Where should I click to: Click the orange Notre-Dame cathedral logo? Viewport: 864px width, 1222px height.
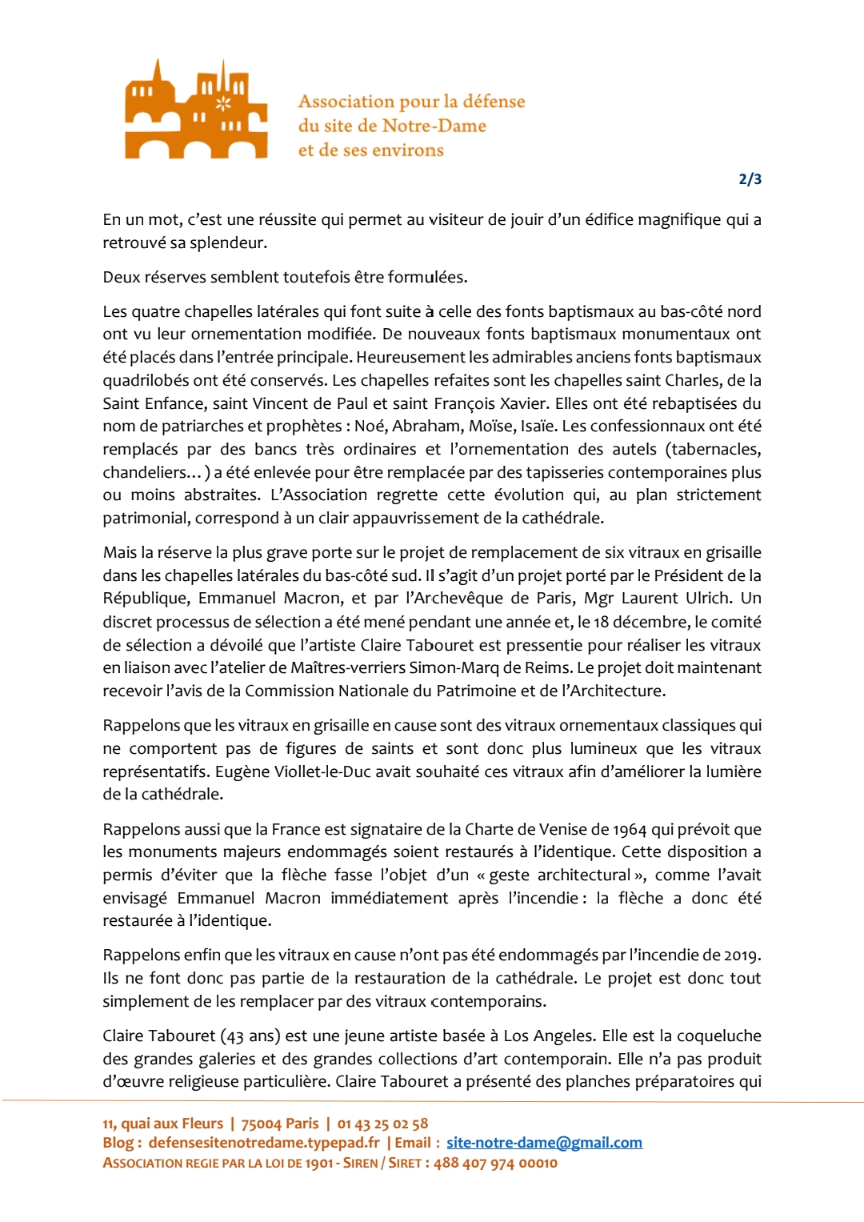[196, 109]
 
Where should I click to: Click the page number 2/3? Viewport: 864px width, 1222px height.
[750, 179]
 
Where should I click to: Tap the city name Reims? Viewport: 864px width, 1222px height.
[548, 668]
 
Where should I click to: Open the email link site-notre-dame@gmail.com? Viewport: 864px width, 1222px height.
[544, 1143]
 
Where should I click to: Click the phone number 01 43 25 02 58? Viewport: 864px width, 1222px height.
[382, 1124]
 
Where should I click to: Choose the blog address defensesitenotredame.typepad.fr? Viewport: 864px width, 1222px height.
[264, 1143]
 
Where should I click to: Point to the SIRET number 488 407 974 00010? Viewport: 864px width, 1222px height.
[495, 1163]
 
